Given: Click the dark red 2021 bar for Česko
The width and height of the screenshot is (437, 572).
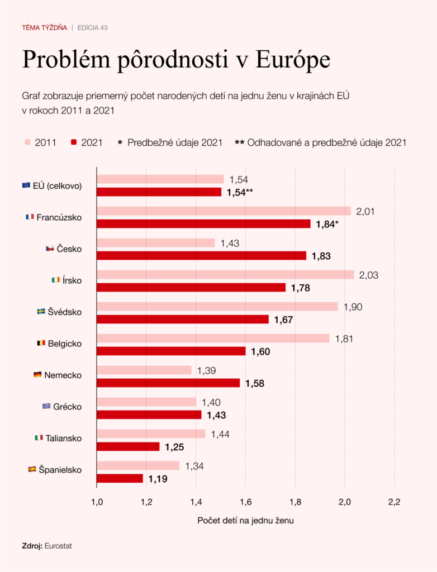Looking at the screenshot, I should click(201, 255).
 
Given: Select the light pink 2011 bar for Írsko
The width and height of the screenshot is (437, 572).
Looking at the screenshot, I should click(225, 275).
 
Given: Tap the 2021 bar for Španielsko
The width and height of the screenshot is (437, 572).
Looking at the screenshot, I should click(120, 478).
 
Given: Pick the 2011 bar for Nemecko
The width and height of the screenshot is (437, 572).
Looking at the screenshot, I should click(144, 370).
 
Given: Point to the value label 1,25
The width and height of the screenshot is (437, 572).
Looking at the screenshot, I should click(174, 447).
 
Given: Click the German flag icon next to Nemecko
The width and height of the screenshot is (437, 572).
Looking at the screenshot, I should click(37, 375).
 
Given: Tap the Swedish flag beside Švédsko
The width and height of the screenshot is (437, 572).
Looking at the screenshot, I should click(41, 311).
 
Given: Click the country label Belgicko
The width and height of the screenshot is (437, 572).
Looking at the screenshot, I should click(65, 344).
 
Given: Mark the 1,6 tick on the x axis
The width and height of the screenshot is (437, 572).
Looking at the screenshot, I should click(245, 502).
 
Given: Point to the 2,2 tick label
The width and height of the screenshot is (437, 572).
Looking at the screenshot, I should click(394, 502).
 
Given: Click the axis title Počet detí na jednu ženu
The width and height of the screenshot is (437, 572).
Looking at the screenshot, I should click(245, 521).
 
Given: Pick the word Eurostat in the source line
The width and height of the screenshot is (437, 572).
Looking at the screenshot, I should click(58, 546).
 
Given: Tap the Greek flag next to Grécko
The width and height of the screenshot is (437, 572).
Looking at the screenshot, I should click(46, 406).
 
